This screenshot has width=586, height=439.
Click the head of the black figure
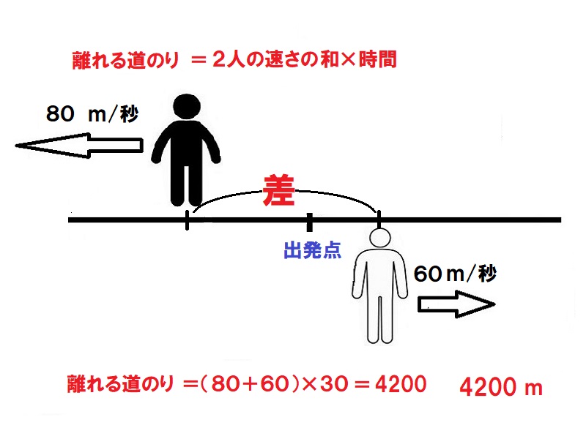coord(187,107)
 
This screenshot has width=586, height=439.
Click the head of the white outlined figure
coord(380,237)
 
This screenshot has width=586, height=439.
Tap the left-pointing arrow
coord(79,145)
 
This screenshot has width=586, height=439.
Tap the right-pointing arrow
coord(456,304)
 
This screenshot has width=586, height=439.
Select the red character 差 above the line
coord(279,190)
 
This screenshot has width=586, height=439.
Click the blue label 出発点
coord(313,250)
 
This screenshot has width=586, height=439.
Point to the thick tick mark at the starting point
coord(309,222)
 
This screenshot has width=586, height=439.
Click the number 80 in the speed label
coord(60,114)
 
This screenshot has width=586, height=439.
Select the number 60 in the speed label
coord(429,274)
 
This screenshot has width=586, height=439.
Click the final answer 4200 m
coord(501,387)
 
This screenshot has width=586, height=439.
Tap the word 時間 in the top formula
coord(377,60)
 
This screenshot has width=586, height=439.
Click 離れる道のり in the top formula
coord(125,61)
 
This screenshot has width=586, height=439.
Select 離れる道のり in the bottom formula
coord(121,383)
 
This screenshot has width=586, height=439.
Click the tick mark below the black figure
coord(187,220)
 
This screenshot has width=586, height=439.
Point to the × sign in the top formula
coord(348,60)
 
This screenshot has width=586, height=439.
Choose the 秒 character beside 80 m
coord(130,113)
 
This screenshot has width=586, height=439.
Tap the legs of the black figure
coord(187,185)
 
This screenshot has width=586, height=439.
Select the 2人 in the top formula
coord(229,60)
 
